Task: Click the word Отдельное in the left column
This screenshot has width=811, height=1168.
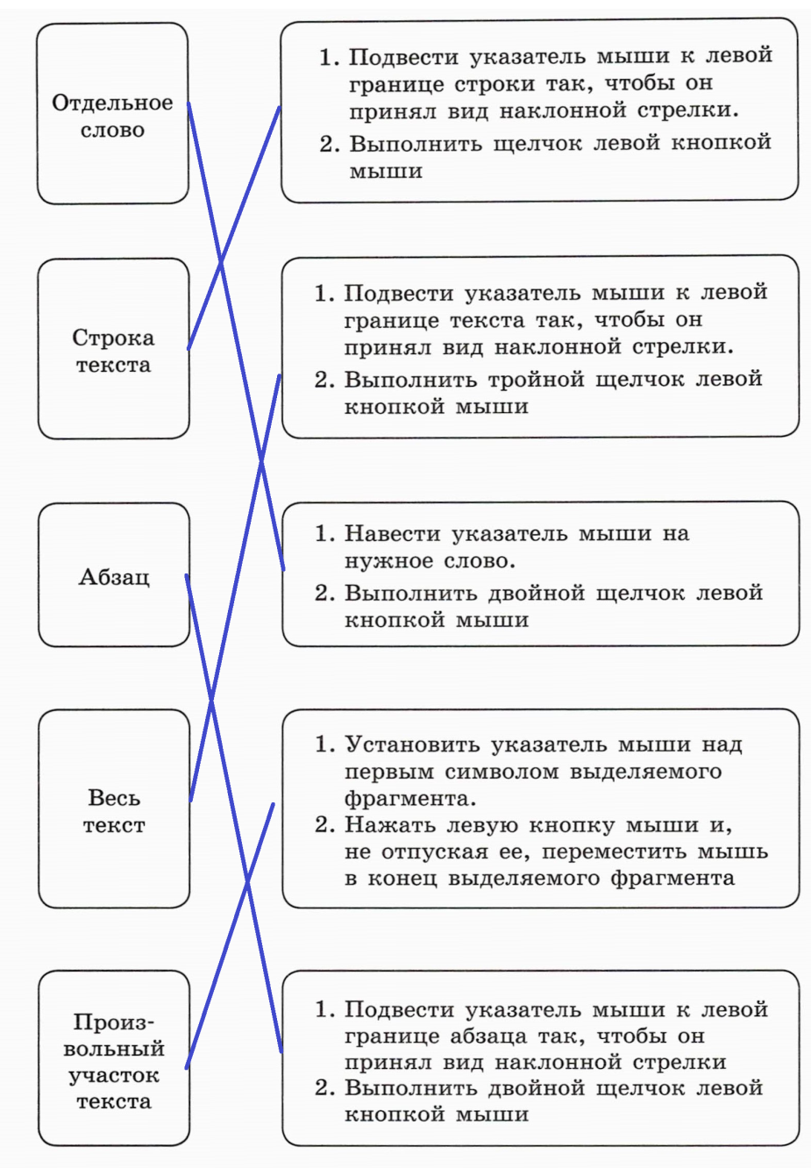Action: point(112,103)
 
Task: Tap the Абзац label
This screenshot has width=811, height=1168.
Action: point(114,577)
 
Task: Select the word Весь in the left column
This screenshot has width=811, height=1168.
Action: point(114,798)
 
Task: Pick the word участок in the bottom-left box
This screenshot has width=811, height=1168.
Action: point(114,1076)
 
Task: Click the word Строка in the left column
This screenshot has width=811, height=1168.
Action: point(113,338)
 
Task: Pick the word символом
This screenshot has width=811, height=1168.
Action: point(502,772)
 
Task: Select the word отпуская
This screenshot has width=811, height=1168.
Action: point(434,853)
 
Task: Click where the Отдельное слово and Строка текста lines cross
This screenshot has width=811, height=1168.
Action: point(220,262)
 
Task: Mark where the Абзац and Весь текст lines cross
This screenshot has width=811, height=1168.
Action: point(211,702)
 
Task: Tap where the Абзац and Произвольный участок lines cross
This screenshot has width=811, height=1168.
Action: point(247,880)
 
